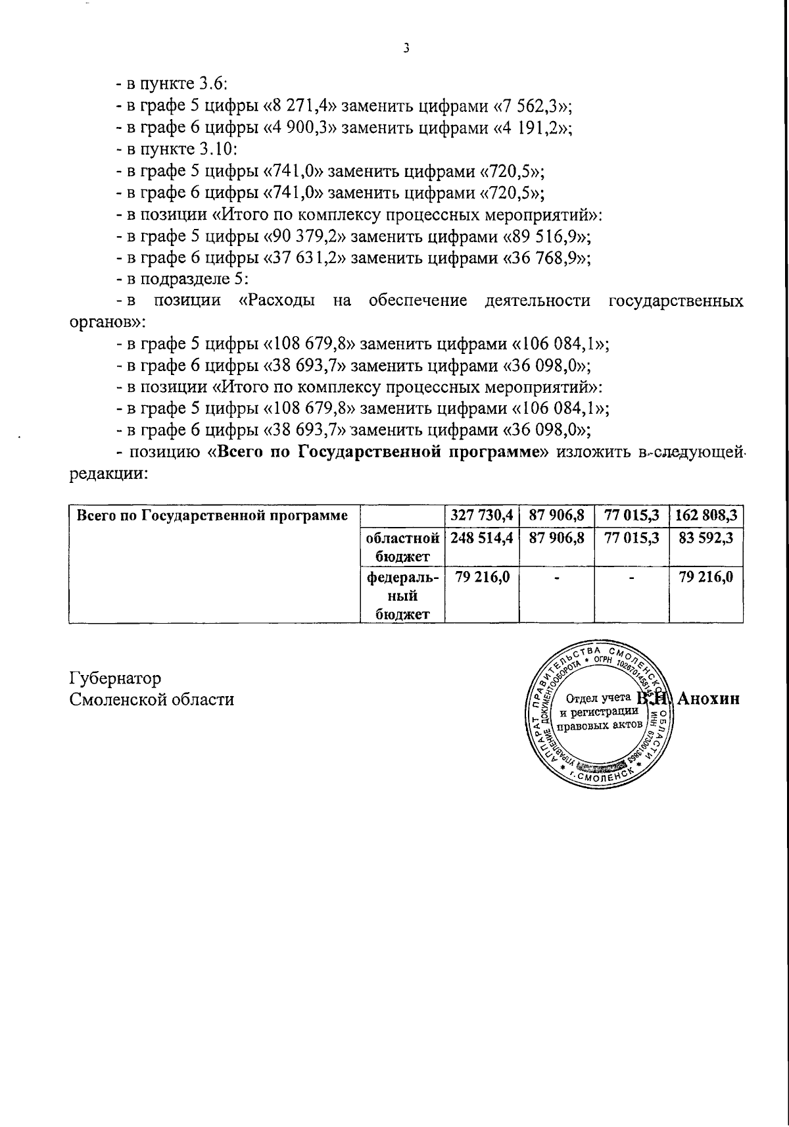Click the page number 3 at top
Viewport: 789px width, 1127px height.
click(x=406, y=47)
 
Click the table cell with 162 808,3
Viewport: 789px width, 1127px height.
click(x=705, y=515)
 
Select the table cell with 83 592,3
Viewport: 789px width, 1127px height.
click(x=705, y=538)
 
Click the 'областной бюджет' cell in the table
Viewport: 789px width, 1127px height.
click(x=402, y=547)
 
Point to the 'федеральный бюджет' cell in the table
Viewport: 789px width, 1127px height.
click(x=402, y=595)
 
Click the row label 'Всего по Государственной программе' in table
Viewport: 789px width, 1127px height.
click(x=212, y=516)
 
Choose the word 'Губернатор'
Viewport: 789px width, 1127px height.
click(x=116, y=678)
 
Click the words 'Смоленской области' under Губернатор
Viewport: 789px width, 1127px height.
click(x=152, y=699)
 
